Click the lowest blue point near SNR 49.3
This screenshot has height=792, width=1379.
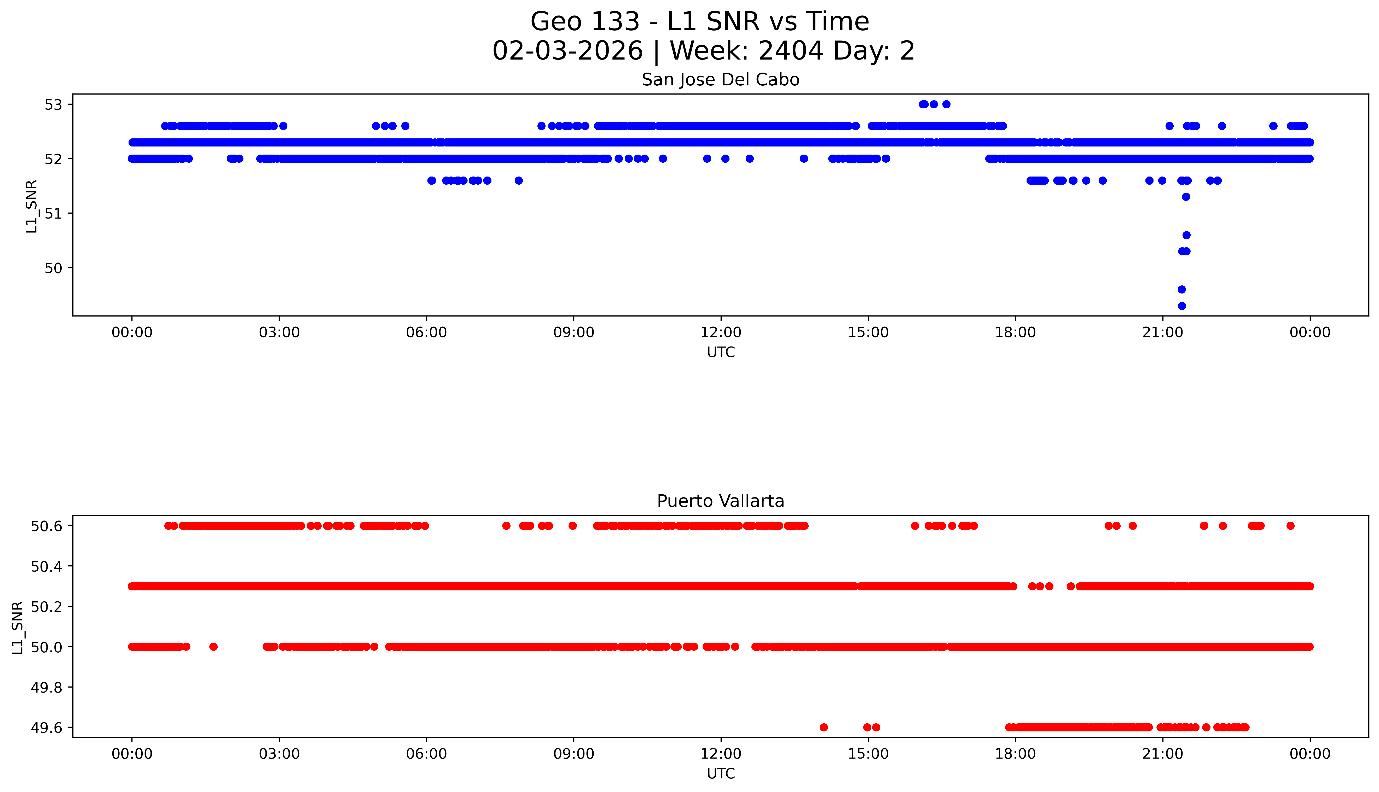pos(1181,306)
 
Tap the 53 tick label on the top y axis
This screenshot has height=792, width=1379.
pos(54,104)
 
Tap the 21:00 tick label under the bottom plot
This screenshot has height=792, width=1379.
pos(1162,754)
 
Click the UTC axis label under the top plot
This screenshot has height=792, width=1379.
pos(721,353)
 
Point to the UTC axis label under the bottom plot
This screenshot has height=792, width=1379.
pos(721,773)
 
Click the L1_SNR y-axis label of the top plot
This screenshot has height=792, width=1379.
pos(32,207)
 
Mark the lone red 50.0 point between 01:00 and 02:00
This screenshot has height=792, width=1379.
pos(213,647)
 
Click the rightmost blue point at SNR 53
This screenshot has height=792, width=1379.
pos(946,104)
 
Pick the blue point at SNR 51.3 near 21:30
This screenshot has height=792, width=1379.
pos(1186,197)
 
